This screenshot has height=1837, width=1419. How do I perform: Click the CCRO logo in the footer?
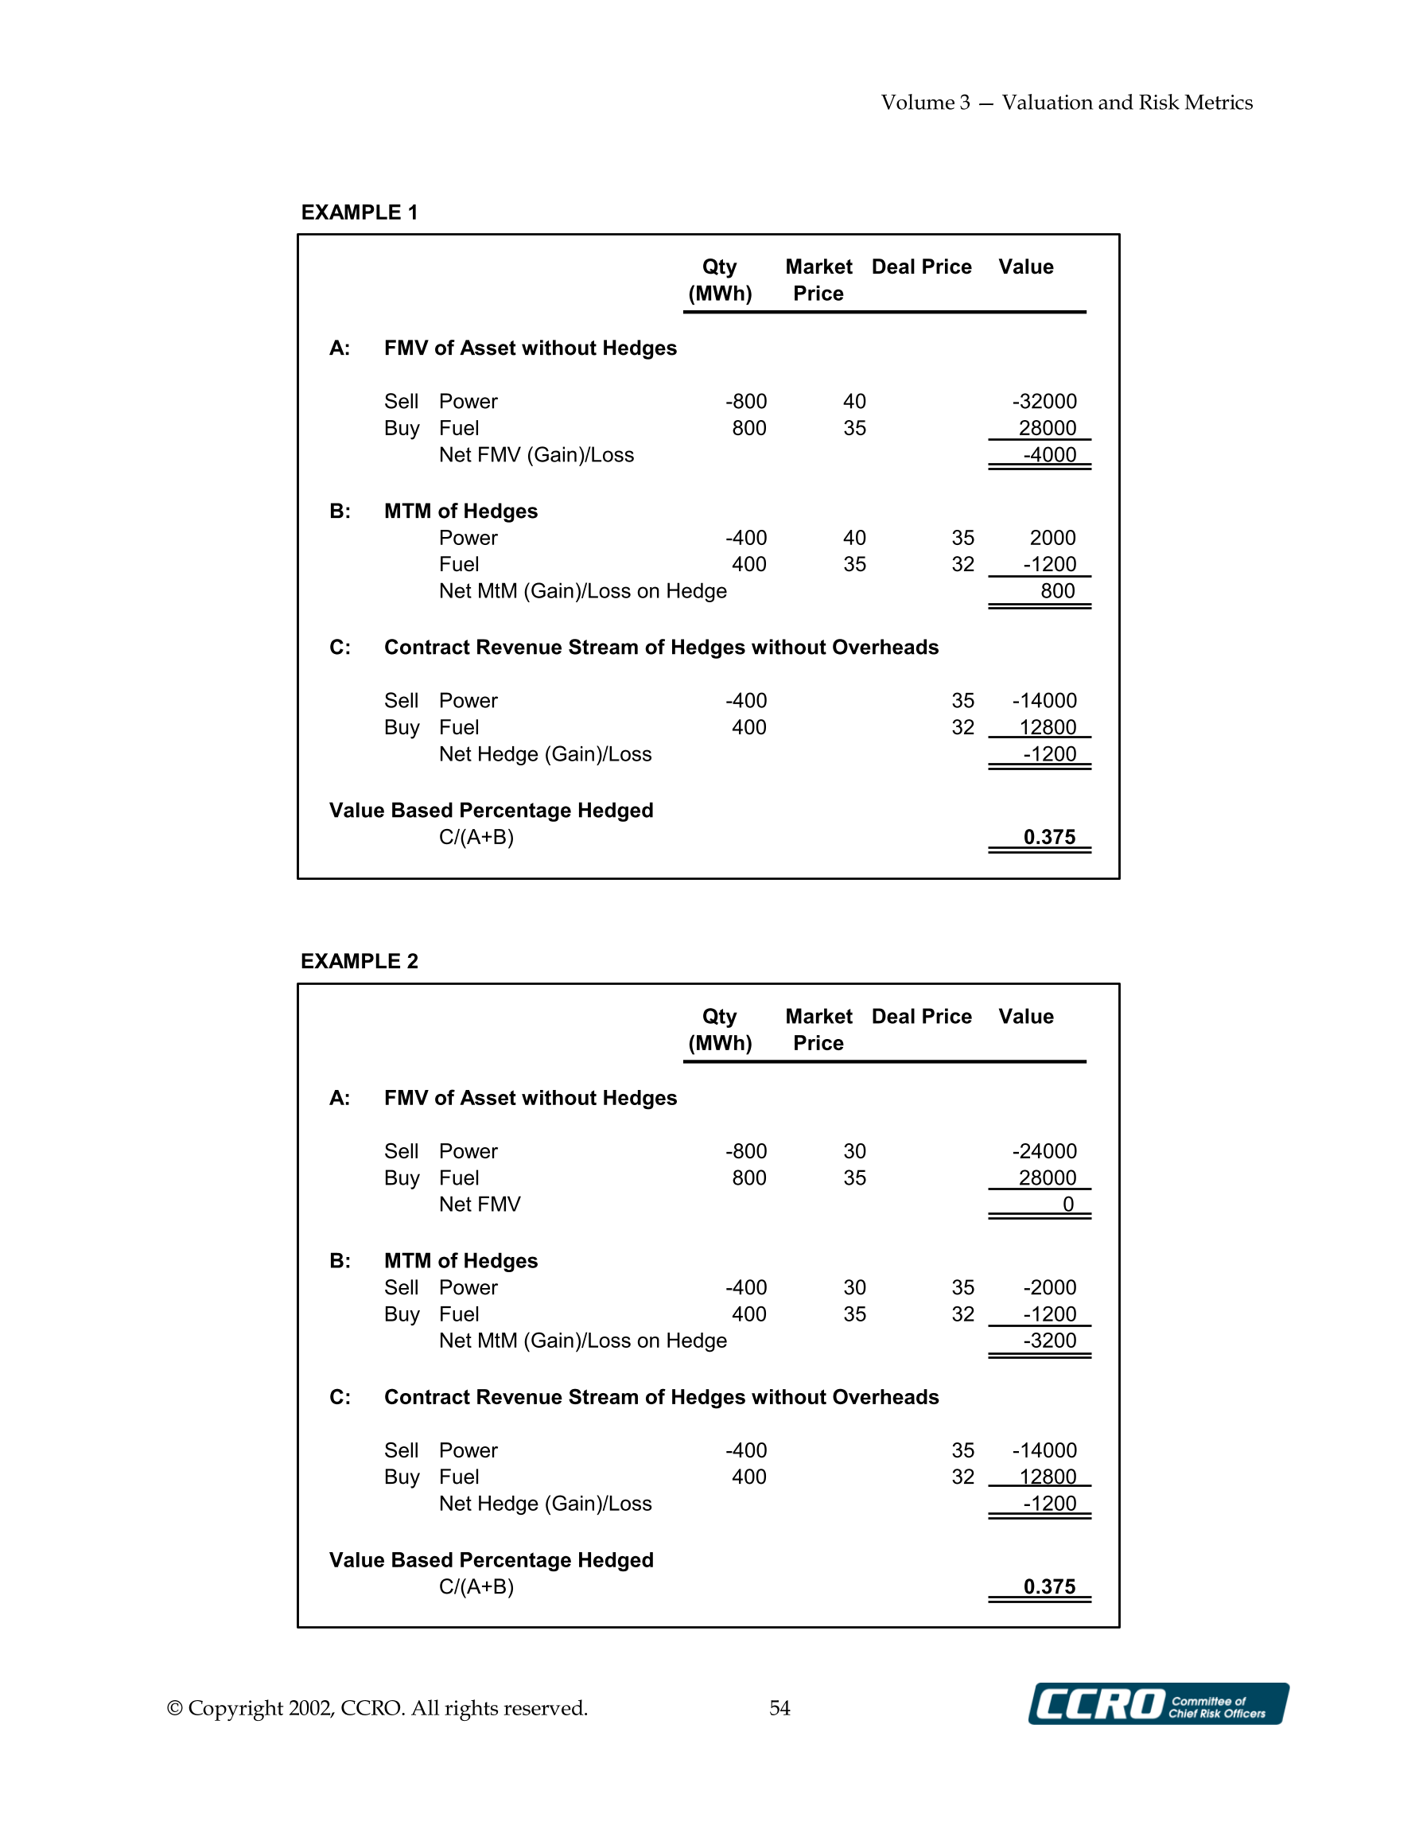coord(1157,1704)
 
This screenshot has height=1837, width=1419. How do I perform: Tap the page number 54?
coord(779,1707)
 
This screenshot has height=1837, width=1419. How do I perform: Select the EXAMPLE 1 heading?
coord(360,212)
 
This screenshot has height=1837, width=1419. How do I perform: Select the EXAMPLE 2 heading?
coord(360,960)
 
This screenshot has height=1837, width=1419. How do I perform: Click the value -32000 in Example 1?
coord(1044,401)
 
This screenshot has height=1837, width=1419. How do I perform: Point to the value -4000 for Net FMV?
coord(1049,455)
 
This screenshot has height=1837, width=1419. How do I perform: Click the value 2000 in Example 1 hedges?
coord(1052,538)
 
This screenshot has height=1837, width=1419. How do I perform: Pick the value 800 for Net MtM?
coord(1057,591)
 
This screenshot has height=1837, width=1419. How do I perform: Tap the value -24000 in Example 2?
coord(1044,1150)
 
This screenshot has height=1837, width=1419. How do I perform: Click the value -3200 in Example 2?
coord(1049,1341)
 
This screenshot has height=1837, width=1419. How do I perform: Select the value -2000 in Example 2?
coord(1049,1287)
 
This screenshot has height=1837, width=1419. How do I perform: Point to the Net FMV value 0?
coord(1067,1205)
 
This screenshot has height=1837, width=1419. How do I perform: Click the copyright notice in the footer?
coord(377,1707)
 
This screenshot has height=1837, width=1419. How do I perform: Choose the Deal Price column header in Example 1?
coord(921,267)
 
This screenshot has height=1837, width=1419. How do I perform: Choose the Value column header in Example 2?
coord(1025,1016)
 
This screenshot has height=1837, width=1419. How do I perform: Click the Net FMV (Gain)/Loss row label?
coord(536,455)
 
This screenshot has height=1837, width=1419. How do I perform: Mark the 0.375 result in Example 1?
coord(1049,837)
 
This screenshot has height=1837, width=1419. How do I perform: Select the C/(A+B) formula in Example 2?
coord(476,1586)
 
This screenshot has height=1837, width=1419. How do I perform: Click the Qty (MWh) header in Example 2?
coord(720,1029)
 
